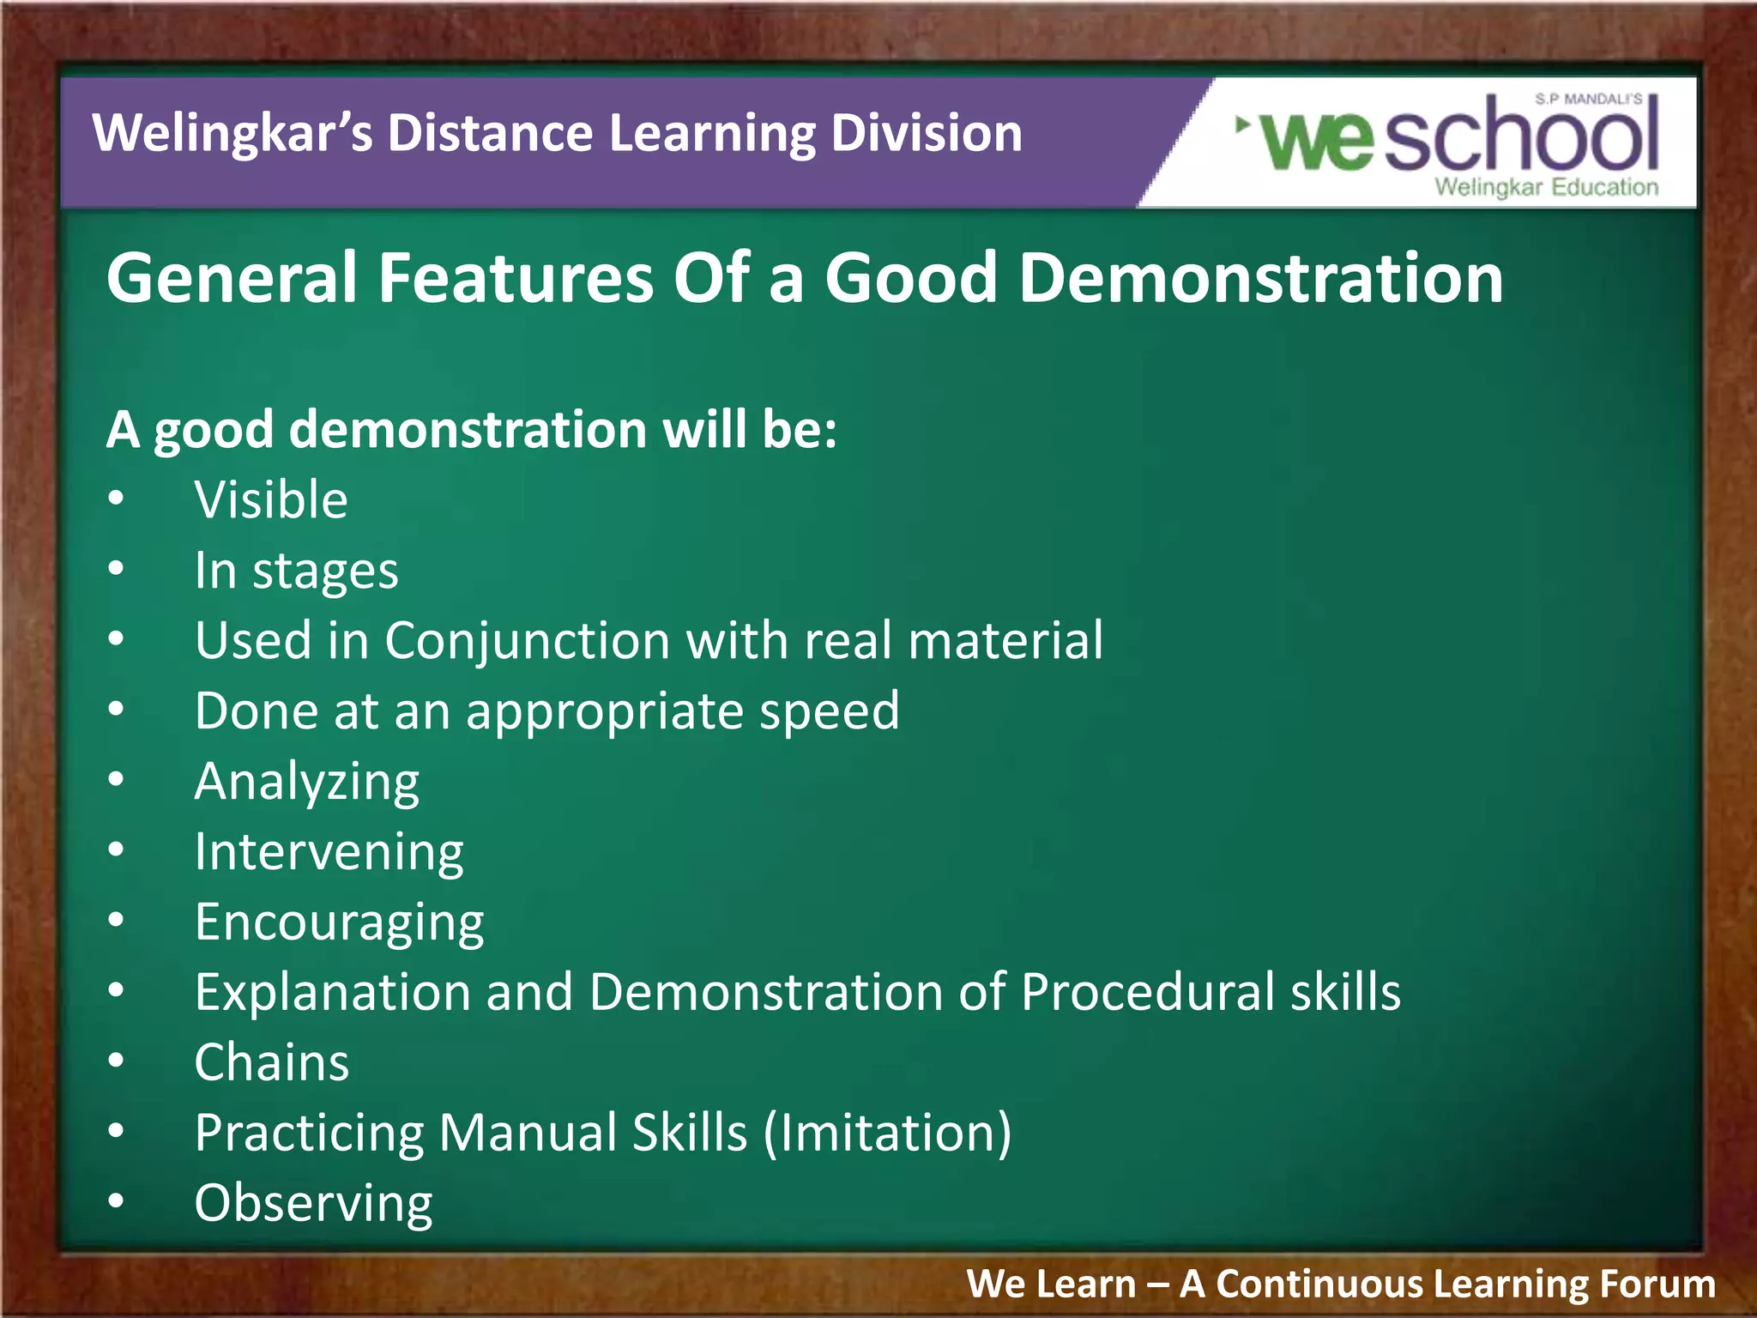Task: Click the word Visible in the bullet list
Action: pos(270,500)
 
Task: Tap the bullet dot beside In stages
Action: pos(116,569)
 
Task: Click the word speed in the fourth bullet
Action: pos(829,711)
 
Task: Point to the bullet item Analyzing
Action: pos(306,782)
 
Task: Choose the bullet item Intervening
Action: pos(329,852)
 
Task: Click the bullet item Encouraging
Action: pos(339,922)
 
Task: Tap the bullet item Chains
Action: pos(271,1063)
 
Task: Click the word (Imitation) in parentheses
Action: pos(887,1134)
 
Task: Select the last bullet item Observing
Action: pos(313,1204)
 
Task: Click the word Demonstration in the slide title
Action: pos(1260,279)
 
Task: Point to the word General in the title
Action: pos(232,279)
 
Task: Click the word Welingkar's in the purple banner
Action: pos(232,135)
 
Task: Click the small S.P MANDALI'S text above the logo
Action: pos(1588,100)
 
